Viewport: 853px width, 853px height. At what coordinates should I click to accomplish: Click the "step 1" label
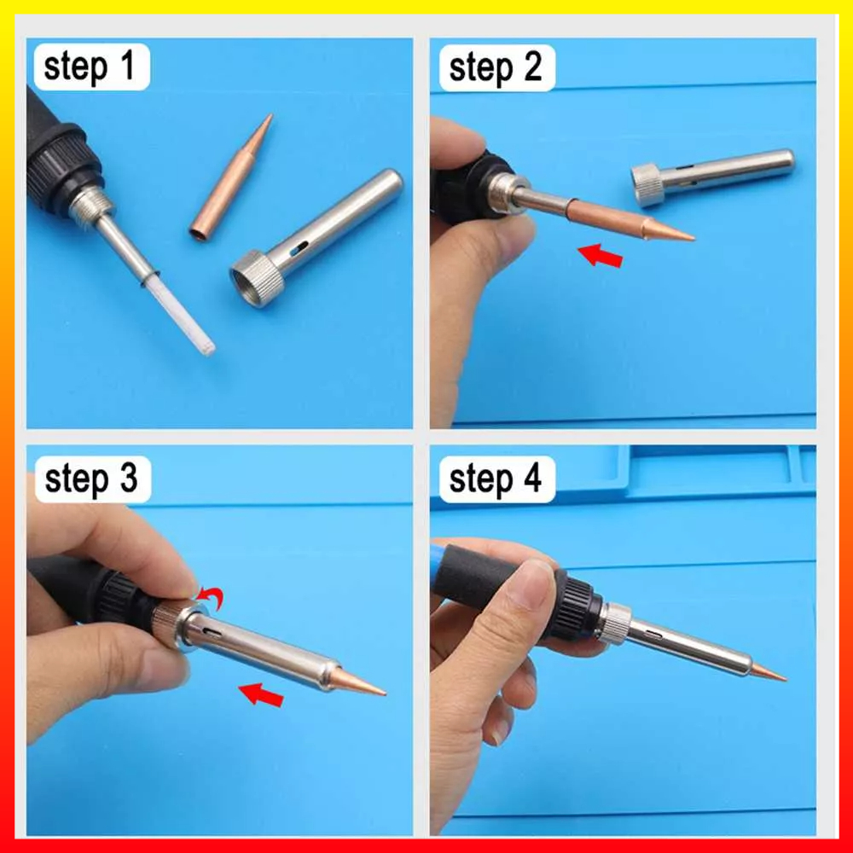89,67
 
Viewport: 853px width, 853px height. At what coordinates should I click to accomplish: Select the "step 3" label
91,479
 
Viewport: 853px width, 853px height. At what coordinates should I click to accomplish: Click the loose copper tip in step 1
230,177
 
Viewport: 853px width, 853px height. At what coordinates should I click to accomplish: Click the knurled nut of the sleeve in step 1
258,279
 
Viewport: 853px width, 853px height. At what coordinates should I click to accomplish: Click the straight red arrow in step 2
600,256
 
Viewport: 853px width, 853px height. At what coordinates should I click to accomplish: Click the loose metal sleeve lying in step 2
712,177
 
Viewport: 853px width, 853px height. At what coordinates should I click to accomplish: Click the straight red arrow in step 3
261,694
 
